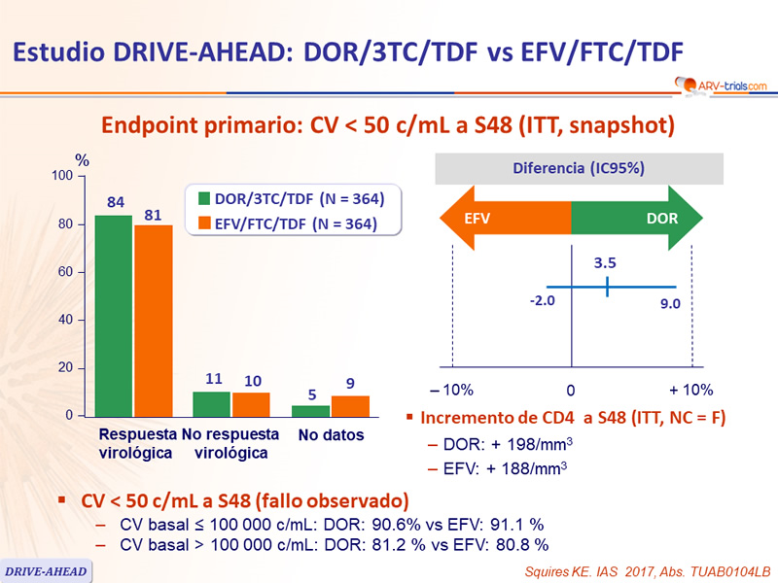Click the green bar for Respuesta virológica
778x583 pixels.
pyautogui.click(x=113, y=316)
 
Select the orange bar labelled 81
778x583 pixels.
pyautogui.click(x=154, y=321)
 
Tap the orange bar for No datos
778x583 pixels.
pyautogui.click(x=350, y=406)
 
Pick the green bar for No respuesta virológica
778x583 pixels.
pyautogui.click(x=212, y=403)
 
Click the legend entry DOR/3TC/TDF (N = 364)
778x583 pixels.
pyautogui.click(x=290, y=199)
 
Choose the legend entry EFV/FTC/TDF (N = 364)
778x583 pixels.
pyautogui.click(x=290, y=224)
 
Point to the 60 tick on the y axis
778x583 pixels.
pyautogui.click(x=66, y=272)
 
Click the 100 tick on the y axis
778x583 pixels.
pyautogui.click(x=62, y=176)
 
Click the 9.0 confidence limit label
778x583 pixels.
pyautogui.click(x=670, y=303)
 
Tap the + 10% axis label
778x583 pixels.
pyautogui.click(x=691, y=390)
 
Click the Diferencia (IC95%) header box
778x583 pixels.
pyautogui.click(x=571, y=167)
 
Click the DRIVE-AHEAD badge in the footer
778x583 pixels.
pyautogui.click(x=46, y=570)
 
